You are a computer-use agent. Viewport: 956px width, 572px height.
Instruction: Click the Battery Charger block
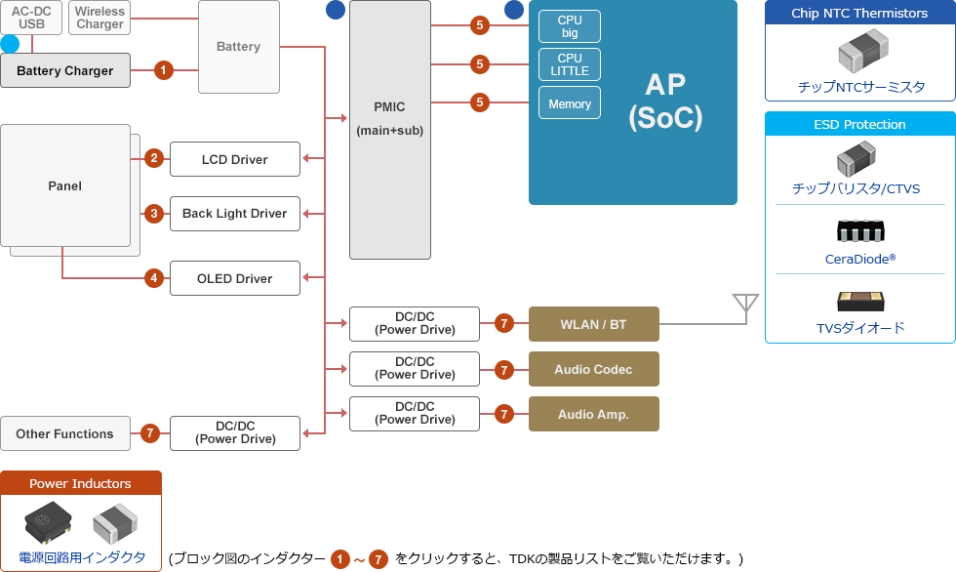(x=65, y=70)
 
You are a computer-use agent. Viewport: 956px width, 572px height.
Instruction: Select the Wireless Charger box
(x=100, y=18)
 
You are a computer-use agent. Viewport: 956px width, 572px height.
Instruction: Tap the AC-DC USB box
(x=31, y=18)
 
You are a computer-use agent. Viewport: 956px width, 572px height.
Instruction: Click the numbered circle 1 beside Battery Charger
(x=164, y=70)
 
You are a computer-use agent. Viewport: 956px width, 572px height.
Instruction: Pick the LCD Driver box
(x=234, y=159)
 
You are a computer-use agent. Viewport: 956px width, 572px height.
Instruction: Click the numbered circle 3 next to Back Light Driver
(x=153, y=213)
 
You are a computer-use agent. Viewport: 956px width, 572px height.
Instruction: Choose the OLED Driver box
(x=234, y=278)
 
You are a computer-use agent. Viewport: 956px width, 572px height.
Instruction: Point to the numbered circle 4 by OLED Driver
(x=153, y=278)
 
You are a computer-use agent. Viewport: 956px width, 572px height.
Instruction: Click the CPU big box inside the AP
(x=570, y=26)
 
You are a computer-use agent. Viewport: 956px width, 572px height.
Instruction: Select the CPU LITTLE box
(x=570, y=64)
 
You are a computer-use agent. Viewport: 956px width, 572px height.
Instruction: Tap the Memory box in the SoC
(x=570, y=103)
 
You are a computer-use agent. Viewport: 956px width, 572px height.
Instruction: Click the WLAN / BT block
(x=593, y=324)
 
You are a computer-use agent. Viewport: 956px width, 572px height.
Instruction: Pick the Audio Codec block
(x=593, y=369)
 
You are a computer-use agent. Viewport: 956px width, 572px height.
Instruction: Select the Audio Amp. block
(x=593, y=414)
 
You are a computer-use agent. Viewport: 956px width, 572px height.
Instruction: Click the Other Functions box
(x=64, y=433)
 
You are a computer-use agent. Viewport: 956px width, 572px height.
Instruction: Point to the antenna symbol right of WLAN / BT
(x=745, y=305)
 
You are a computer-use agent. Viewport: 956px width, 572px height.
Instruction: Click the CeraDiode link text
(x=859, y=259)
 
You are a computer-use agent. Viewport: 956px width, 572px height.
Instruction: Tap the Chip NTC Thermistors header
(x=859, y=13)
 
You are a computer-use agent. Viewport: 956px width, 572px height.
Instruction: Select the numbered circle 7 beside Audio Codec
(x=503, y=369)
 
